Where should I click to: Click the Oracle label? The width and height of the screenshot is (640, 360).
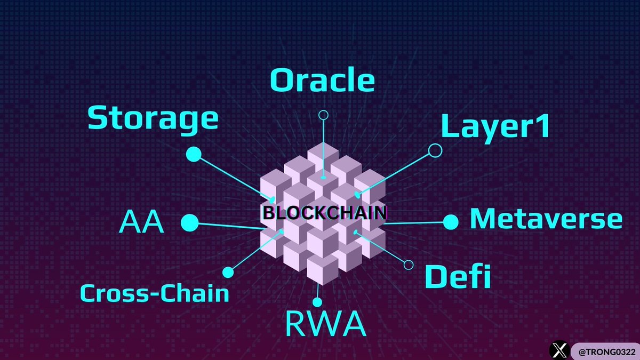click(x=322, y=81)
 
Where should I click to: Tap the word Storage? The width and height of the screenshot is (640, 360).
click(x=153, y=119)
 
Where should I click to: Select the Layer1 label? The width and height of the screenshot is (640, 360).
click(x=495, y=128)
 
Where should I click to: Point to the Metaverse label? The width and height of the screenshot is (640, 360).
click(x=546, y=219)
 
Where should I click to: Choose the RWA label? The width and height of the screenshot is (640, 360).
click(x=326, y=324)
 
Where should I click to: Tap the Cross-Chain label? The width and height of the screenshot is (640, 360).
click(x=155, y=293)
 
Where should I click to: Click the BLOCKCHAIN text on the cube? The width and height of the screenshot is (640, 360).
click(x=324, y=213)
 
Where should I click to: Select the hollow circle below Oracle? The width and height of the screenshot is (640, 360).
click(x=323, y=115)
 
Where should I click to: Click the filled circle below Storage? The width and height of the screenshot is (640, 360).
click(x=194, y=155)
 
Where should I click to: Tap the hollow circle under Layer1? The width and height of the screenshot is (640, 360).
click(x=435, y=150)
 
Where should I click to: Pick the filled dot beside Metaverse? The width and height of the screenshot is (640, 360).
click(x=451, y=222)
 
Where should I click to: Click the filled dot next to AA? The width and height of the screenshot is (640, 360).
click(x=189, y=223)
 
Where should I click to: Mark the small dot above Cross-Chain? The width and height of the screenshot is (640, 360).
click(x=228, y=272)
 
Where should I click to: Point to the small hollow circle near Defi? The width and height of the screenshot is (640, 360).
click(x=409, y=265)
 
